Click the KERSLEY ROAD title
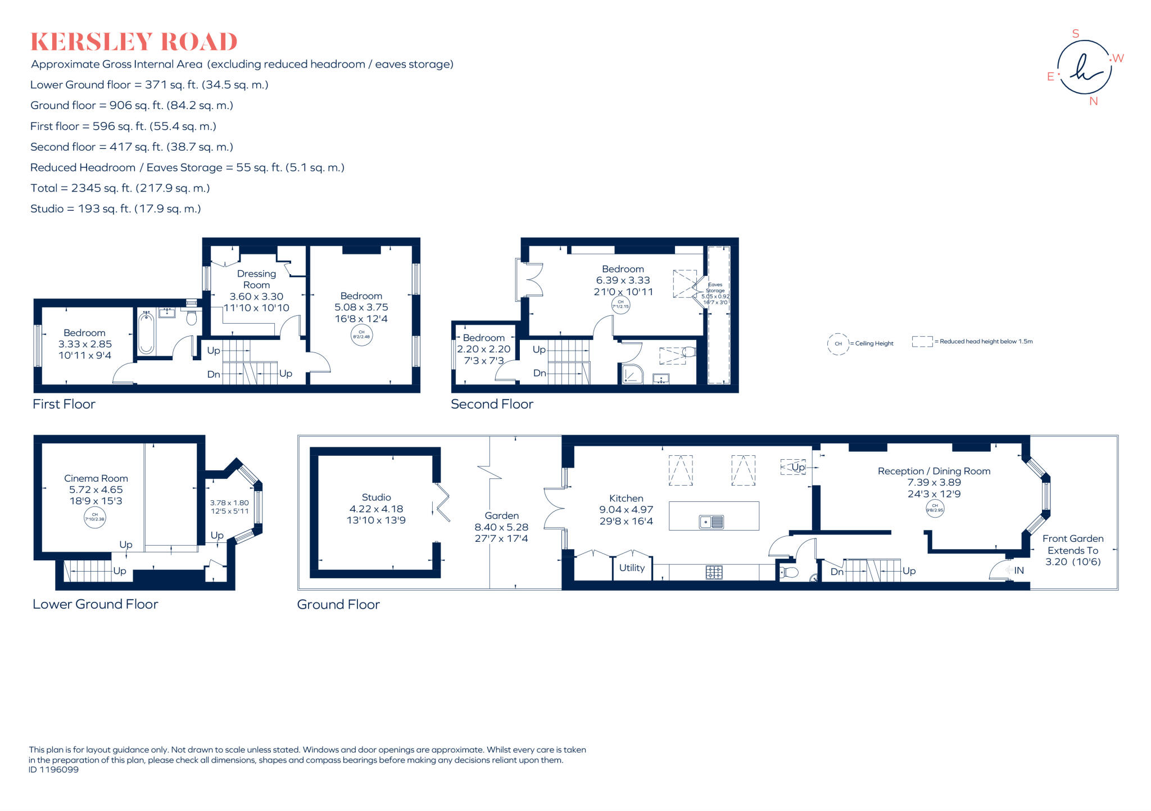[x=134, y=42]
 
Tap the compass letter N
[x=1093, y=102]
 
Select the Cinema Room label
[x=96, y=478]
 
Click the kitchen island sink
[x=712, y=522]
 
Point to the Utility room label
[x=632, y=568]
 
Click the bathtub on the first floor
[x=146, y=332]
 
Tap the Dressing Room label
[x=256, y=279]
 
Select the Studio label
[x=376, y=497]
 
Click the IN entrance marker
[x=1018, y=570]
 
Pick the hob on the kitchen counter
[x=714, y=572]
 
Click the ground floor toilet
[x=789, y=573]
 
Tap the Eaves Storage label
[x=715, y=288]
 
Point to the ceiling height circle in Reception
[x=935, y=508]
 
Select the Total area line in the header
[x=120, y=188]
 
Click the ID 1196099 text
[x=53, y=770]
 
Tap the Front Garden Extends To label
[x=1072, y=545]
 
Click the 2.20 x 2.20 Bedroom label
[x=483, y=349]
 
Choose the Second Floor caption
[x=492, y=404]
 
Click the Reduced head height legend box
[x=922, y=341]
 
